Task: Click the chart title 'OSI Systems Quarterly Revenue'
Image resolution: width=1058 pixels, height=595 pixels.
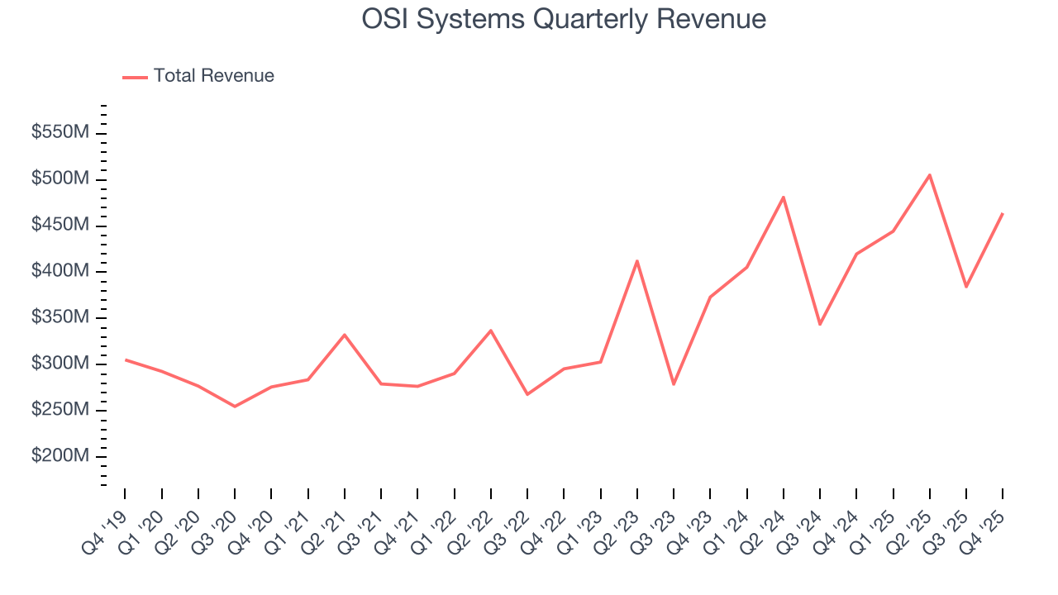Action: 564,19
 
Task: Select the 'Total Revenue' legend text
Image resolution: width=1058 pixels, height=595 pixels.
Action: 213,76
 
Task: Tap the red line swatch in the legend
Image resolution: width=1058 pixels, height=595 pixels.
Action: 135,77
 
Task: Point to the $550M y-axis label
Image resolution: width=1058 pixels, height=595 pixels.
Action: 61,133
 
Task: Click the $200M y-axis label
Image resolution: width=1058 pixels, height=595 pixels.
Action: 61,456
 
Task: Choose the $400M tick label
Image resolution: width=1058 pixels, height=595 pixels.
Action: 61,272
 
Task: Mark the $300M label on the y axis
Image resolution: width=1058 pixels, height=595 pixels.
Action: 61,364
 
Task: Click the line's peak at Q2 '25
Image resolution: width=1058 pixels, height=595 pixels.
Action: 930,175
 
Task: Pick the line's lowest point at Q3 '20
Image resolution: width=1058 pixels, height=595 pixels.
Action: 235,406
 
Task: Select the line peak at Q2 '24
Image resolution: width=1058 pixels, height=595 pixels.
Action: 784,198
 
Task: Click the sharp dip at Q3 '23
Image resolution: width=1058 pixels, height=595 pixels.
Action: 674,384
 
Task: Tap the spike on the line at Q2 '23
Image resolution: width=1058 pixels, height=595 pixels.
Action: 637,261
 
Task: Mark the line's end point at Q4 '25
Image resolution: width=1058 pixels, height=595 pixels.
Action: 1003,213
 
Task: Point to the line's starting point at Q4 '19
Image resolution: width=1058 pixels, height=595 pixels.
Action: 126,359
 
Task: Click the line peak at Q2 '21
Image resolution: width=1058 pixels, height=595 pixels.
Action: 345,335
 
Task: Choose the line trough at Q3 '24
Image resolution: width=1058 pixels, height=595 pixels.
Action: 820,324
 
